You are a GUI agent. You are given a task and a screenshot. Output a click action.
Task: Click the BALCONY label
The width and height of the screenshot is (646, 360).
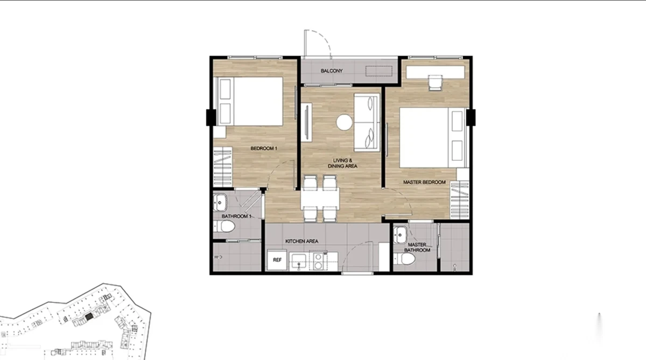[x=332, y=70]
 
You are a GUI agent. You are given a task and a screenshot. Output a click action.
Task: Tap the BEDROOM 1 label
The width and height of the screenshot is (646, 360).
[x=264, y=149]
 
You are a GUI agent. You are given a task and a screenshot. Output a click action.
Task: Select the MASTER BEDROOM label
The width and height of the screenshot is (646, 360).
[x=424, y=182]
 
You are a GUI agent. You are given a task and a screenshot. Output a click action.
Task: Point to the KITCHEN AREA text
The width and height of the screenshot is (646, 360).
[x=301, y=241]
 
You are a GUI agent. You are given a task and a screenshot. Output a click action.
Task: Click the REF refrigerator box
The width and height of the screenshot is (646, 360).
[x=277, y=260]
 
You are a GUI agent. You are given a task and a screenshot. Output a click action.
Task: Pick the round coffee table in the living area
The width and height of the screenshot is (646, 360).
[x=344, y=122]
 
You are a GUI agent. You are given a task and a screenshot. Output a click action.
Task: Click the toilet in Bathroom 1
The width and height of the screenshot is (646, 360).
[x=224, y=227]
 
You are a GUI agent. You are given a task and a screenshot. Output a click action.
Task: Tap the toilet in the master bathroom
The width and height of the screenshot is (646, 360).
[x=405, y=259]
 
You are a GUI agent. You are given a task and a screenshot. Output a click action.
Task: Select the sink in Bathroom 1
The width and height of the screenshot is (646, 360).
[x=220, y=202]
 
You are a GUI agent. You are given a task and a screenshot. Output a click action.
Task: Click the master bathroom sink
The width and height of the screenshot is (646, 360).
[x=400, y=235]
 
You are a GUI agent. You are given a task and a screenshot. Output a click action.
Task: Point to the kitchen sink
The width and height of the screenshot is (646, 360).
[x=299, y=262]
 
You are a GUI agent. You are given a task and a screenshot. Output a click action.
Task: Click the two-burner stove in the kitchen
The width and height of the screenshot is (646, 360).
[x=318, y=261]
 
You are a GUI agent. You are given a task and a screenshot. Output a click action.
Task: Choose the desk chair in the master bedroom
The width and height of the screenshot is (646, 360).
[x=435, y=83]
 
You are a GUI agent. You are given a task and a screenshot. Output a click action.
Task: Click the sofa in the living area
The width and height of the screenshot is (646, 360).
[x=367, y=122]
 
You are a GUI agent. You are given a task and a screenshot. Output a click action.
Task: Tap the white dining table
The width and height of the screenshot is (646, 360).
[x=320, y=199]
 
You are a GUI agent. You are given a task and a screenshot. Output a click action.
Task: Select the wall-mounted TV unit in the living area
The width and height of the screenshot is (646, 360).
[x=306, y=122]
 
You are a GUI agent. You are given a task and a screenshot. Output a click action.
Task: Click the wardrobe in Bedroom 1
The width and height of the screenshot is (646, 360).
[x=223, y=167]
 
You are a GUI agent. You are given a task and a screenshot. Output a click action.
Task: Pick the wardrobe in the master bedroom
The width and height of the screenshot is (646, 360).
[x=460, y=200]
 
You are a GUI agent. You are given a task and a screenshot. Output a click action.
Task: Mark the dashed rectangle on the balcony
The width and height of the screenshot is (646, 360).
[x=378, y=71]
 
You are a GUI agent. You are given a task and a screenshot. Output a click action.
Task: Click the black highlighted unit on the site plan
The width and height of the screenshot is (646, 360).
[x=89, y=316]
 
